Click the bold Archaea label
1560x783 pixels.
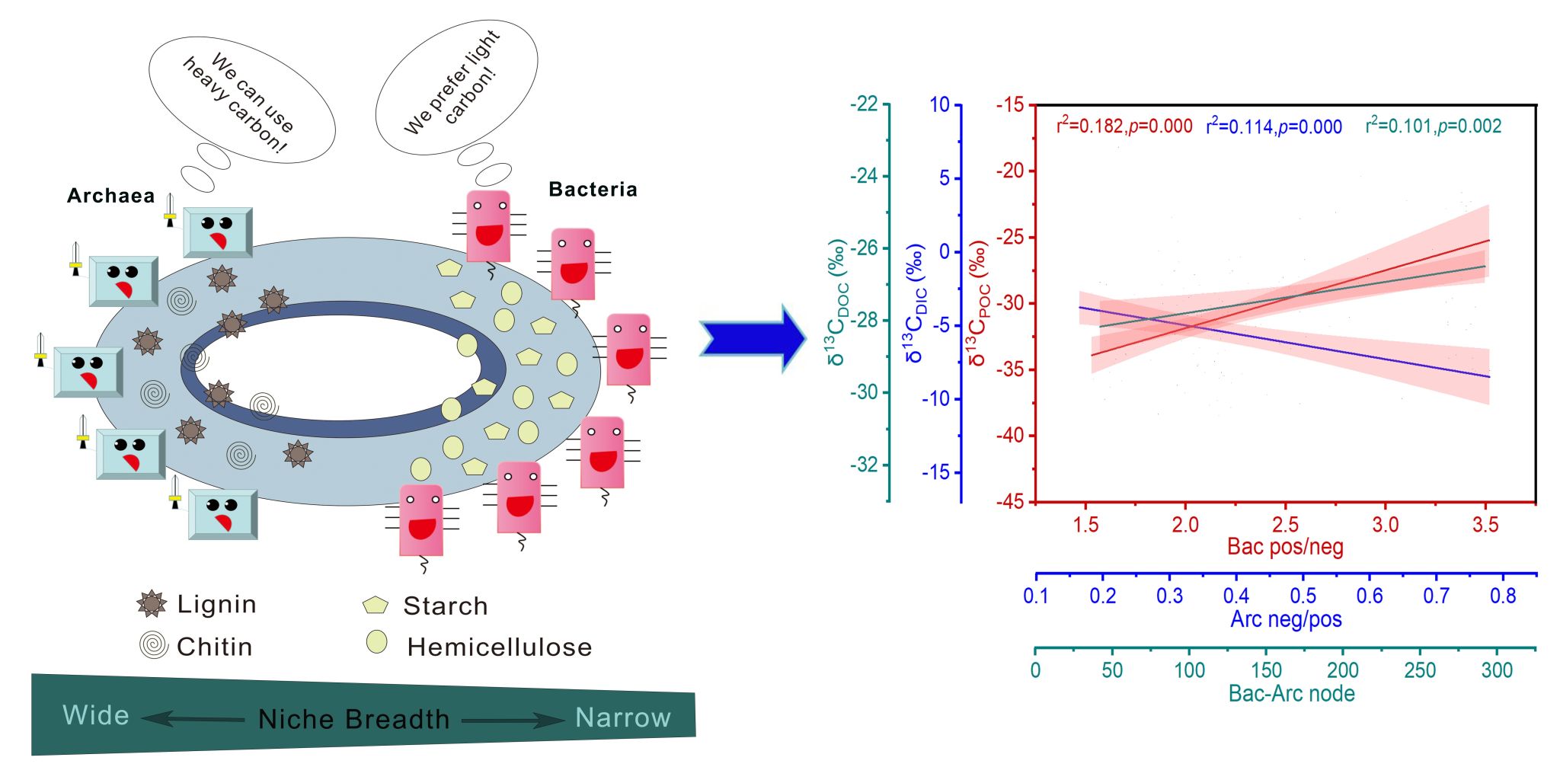(x=110, y=196)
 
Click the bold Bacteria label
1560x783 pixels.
(x=593, y=189)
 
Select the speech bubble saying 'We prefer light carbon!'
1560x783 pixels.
(x=456, y=83)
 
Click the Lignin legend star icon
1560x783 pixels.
(x=152, y=604)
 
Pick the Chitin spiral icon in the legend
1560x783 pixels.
(x=153, y=646)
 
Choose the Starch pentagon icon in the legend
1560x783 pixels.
(x=376, y=606)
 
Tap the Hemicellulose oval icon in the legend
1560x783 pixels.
(x=376, y=642)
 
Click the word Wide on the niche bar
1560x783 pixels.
(x=96, y=715)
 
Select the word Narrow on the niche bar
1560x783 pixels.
(x=623, y=717)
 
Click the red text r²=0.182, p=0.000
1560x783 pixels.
(x=1124, y=126)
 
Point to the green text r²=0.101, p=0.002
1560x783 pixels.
(x=1433, y=126)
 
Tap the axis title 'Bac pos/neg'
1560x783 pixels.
(x=1285, y=546)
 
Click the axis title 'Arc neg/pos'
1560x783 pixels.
(x=1286, y=619)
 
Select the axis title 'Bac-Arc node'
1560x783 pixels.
(x=1291, y=693)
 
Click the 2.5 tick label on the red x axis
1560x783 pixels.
(x=1285, y=524)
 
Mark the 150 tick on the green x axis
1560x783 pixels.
(x=1266, y=670)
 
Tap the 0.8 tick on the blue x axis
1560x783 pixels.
(x=1503, y=596)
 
